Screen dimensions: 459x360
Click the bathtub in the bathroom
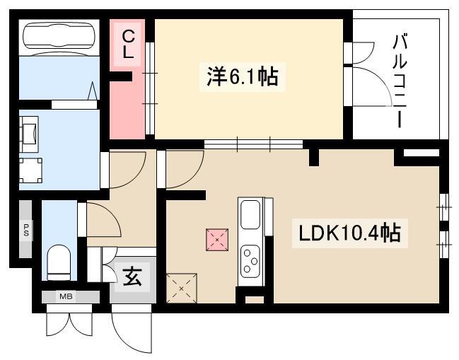click(x=59, y=36)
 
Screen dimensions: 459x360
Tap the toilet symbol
click(x=59, y=262)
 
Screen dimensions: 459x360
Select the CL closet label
click(x=128, y=45)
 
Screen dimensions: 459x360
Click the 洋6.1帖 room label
click(x=243, y=76)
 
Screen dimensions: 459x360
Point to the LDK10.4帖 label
click(x=349, y=233)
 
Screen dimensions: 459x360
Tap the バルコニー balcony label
click(x=400, y=81)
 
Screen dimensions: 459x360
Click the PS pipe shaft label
click(x=26, y=230)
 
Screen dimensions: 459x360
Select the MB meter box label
click(x=66, y=296)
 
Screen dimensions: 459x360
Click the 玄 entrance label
click(x=132, y=277)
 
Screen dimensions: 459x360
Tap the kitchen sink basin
click(x=250, y=214)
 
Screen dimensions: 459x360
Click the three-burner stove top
click(x=250, y=261)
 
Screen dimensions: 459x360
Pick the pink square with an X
click(x=217, y=240)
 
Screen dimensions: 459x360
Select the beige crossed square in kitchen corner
click(x=182, y=289)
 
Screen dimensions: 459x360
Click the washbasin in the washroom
click(x=29, y=134)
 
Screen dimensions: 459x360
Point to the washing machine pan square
click(x=30, y=170)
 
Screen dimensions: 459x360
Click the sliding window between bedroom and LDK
click(x=253, y=144)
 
